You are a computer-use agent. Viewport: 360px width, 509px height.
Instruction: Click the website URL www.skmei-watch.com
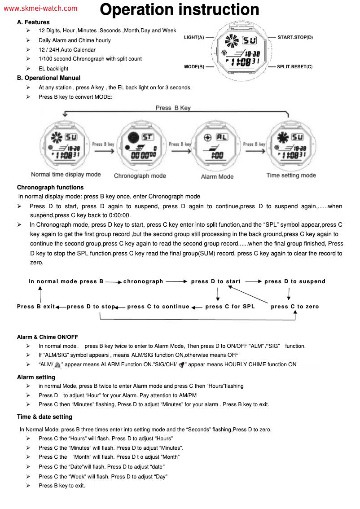tap(40, 9)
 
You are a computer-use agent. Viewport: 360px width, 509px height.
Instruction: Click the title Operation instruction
tap(179, 9)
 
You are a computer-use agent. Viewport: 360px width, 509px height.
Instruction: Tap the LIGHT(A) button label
tap(194, 37)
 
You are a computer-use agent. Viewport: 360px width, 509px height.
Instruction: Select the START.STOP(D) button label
tap(295, 37)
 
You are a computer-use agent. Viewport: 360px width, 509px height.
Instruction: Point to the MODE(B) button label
tap(194, 67)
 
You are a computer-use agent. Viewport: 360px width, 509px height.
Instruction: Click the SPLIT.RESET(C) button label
tap(294, 67)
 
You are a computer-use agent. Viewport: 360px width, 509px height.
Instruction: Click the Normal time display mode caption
tap(66, 175)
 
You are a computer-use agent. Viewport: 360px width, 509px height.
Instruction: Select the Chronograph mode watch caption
tap(140, 176)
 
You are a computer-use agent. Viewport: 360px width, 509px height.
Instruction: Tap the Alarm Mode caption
tap(217, 176)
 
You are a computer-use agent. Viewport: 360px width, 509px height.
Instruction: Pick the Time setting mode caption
tap(291, 175)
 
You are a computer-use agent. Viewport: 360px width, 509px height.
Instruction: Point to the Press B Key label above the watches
tap(173, 108)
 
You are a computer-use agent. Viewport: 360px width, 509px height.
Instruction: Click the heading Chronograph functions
tap(50, 187)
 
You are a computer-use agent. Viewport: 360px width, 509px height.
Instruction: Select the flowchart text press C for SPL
tap(230, 307)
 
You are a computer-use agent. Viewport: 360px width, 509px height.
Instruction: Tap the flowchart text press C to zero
tap(295, 307)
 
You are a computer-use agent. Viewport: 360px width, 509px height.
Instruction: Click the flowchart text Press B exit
tap(36, 307)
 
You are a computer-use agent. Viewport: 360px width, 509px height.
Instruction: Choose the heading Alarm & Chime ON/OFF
tap(48, 337)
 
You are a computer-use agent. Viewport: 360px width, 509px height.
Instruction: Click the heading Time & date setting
tap(44, 417)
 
